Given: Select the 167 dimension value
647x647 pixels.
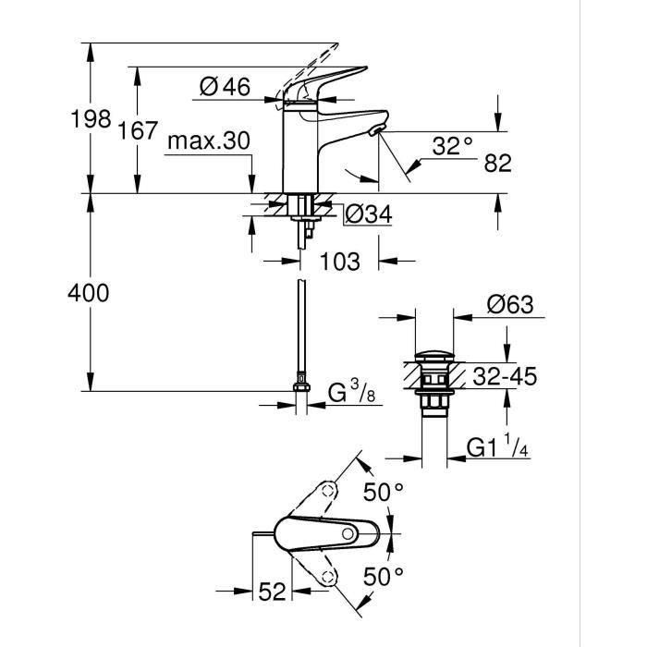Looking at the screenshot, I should click(x=139, y=130).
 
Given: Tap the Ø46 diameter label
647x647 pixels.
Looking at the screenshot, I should click(x=225, y=87).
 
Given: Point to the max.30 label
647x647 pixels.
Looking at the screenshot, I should click(x=209, y=140).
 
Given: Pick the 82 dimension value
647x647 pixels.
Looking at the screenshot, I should click(x=497, y=163).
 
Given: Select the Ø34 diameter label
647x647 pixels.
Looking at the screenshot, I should click(x=368, y=214).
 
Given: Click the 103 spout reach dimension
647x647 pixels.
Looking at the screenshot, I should click(x=340, y=262).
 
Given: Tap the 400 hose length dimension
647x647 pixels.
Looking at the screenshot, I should click(x=91, y=293).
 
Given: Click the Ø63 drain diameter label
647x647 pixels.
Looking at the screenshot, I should click(x=510, y=305).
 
